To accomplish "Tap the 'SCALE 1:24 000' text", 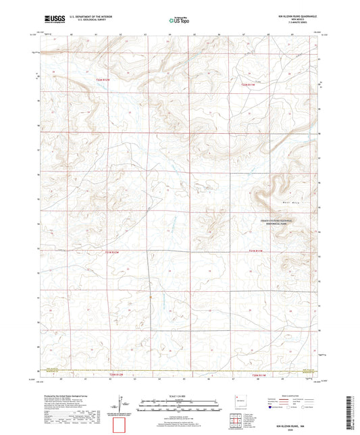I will pyautogui.click(x=180, y=395).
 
